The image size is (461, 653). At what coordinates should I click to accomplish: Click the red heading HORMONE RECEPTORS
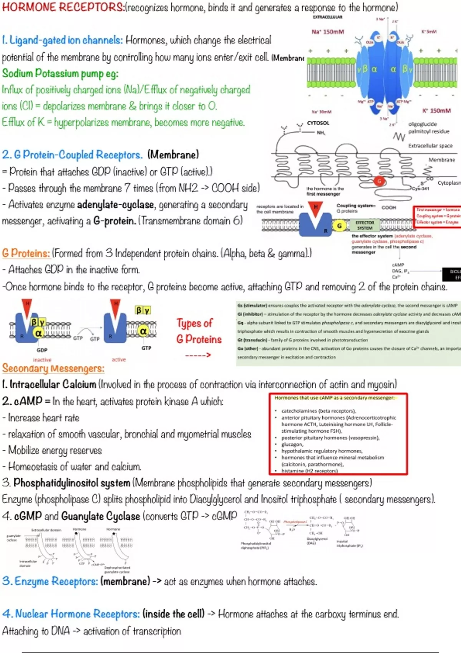(x=63, y=7)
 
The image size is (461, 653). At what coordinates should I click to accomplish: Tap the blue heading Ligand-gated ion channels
(x=62, y=40)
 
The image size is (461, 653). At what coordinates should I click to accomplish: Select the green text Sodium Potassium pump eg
(x=60, y=73)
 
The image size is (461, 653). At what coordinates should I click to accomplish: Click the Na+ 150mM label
(x=328, y=32)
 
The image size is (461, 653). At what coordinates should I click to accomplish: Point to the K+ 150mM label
(x=436, y=111)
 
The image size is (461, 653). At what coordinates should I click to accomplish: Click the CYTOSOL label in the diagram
(x=318, y=123)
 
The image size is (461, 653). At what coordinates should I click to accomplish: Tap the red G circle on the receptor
(x=379, y=181)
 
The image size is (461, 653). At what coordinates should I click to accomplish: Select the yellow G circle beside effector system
(x=339, y=226)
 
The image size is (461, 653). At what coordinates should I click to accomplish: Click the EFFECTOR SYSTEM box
(x=365, y=225)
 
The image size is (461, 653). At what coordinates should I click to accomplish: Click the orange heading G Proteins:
(x=26, y=253)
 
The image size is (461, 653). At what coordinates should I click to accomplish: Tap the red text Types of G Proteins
(x=199, y=331)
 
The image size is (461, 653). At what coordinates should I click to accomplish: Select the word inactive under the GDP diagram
(x=42, y=360)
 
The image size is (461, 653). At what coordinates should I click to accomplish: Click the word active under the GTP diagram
(x=119, y=360)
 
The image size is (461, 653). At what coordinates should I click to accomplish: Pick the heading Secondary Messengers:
(x=53, y=368)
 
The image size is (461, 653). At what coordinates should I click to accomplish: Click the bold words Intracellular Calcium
(x=53, y=385)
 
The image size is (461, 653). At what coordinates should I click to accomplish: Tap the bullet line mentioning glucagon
(x=292, y=444)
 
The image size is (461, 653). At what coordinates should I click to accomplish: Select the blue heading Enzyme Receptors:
(x=50, y=581)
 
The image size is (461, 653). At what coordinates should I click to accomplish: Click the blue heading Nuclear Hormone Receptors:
(x=71, y=614)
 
